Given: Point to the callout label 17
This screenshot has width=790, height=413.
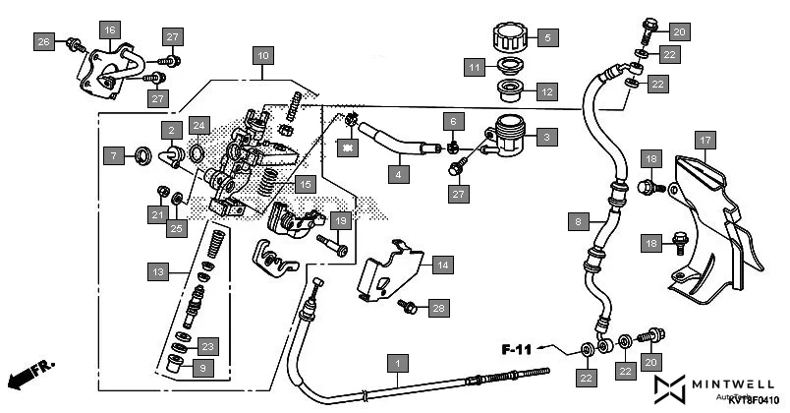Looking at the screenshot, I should click(705, 140).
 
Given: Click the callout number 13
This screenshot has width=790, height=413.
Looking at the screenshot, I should click(157, 269).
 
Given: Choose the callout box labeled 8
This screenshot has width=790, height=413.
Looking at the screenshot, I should click(579, 221).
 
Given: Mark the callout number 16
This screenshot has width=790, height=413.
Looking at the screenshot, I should click(108, 30).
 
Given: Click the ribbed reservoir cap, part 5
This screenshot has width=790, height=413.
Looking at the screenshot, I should click(507, 38).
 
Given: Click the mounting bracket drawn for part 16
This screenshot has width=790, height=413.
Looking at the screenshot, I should click(104, 74).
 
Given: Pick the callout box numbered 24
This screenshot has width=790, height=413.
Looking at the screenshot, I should click(199, 125).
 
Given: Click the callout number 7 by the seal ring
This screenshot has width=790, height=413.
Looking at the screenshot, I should click(115, 154).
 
